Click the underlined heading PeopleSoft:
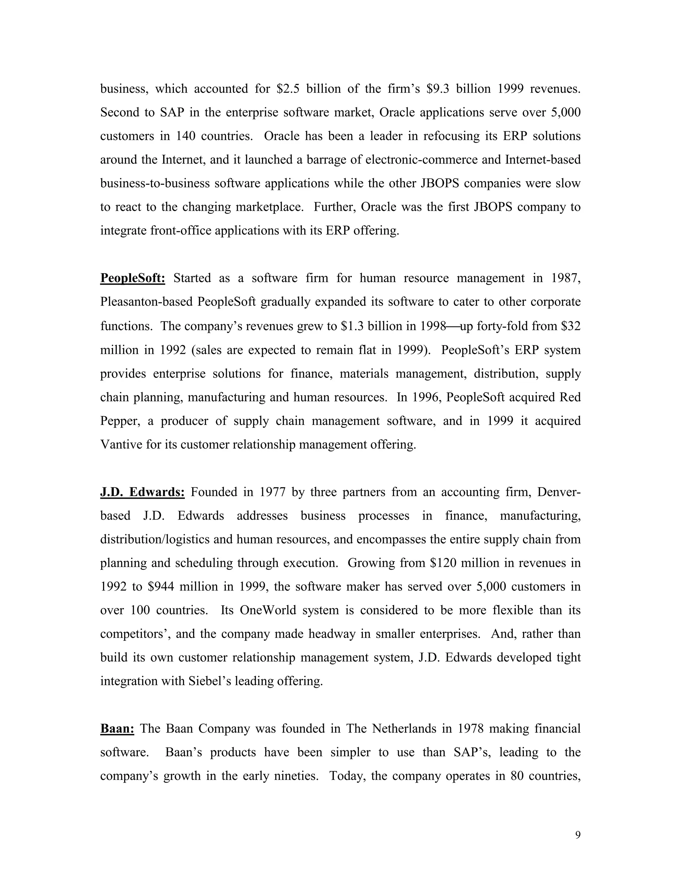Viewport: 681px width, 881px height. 132,278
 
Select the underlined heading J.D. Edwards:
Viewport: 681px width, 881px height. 142,492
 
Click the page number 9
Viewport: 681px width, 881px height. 578,835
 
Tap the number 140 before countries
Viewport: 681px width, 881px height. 186,136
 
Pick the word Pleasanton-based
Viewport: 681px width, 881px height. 146,302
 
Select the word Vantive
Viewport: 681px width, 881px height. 120,444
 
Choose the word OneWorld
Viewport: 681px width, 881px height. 269,610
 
